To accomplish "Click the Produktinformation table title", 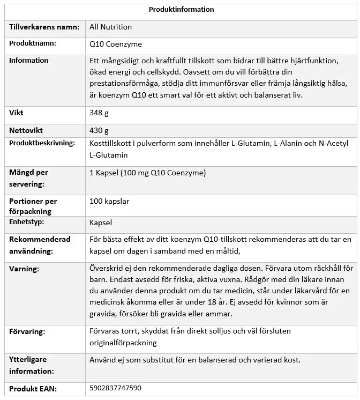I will click(x=181, y=9).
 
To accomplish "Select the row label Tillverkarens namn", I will click(x=44, y=27).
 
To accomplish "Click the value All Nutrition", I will click(x=111, y=27).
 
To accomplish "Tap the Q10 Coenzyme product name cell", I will click(x=116, y=44).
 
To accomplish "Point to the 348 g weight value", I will click(x=99, y=113).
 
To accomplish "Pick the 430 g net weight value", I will click(x=99, y=130).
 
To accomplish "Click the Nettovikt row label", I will click(x=26, y=130).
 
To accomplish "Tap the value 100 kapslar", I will click(x=109, y=201).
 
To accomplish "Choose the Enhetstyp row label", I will click(x=27, y=221).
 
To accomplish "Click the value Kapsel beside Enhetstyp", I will click(x=101, y=222).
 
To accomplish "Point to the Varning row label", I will click(x=24, y=268).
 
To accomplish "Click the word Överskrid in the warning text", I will click(x=106, y=267).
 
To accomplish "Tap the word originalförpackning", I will click(x=123, y=343).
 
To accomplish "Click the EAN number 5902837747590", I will click(x=116, y=388).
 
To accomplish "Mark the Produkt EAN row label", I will click(x=33, y=388).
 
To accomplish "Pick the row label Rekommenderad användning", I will click(x=40, y=245).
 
